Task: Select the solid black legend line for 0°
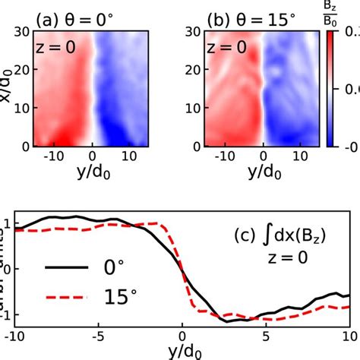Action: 67,269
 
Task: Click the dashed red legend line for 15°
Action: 67,298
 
